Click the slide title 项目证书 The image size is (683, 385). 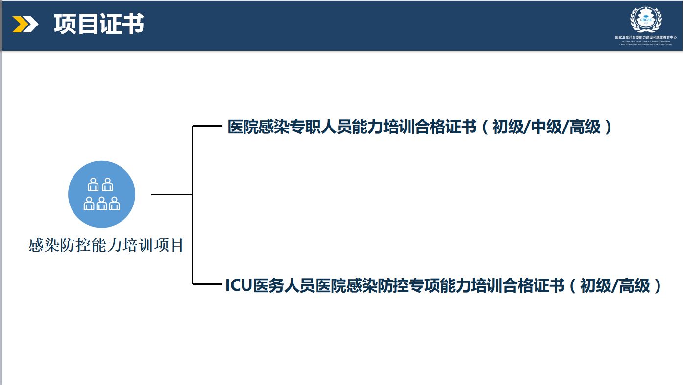pos(99,25)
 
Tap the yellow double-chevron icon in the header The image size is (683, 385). pos(25,25)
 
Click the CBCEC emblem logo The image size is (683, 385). pos(646,20)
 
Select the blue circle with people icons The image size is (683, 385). pos(101,194)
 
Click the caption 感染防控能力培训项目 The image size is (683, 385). pos(106,245)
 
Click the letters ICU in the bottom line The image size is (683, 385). pos(238,285)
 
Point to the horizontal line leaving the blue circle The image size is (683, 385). pos(171,194)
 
